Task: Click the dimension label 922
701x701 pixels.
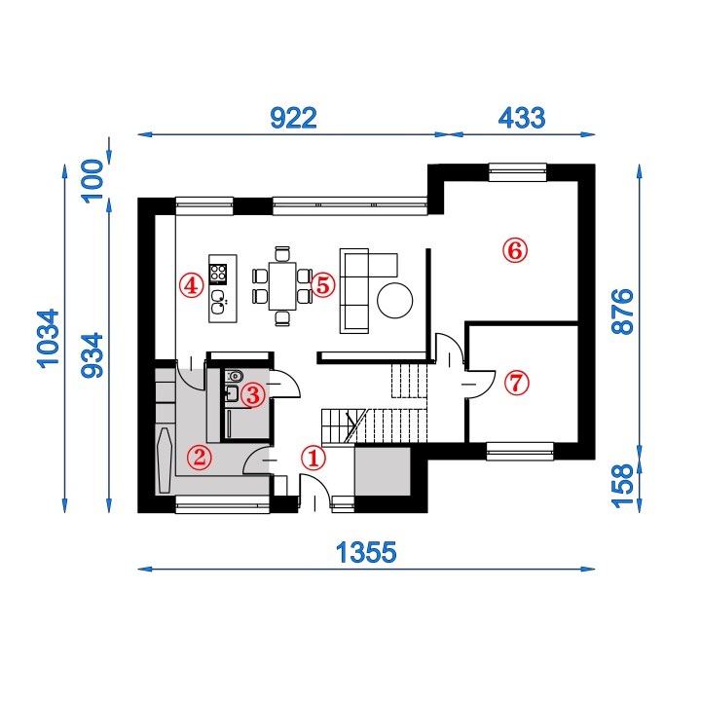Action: [x=294, y=118]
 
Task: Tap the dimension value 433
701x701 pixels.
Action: [x=522, y=118]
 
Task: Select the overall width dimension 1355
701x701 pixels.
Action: [x=366, y=552]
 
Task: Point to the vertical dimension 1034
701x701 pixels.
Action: [x=48, y=339]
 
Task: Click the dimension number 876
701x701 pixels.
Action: [x=623, y=312]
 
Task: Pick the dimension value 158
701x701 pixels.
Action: [x=623, y=486]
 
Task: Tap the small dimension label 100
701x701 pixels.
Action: [x=92, y=181]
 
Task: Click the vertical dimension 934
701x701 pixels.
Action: [x=92, y=355]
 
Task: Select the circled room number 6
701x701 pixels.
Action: [x=515, y=251]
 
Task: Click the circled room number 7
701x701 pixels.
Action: [x=517, y=384]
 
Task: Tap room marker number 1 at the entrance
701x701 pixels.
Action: [x=314, y=458]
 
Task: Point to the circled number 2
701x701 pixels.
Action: [x=199, y=457]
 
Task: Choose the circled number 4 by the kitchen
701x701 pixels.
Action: [x=192, y=285]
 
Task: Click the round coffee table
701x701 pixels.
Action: [x=394, y=301]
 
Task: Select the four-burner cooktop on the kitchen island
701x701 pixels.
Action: [x=218, y=274]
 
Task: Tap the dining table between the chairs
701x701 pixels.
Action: [x=282, y=286]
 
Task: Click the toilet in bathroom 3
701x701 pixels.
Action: [x=235, y=376]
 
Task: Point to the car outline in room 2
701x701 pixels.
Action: [x=165, y=460]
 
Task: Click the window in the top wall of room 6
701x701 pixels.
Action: [x=518, y=172]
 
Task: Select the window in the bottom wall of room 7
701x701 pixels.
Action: [x=520, y=452]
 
